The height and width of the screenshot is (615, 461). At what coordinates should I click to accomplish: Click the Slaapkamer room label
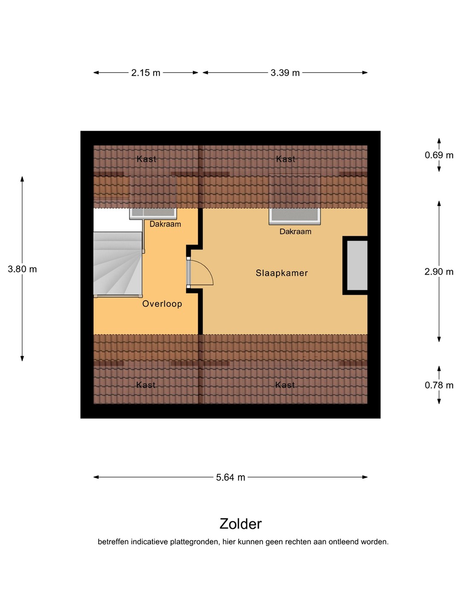click(282, 273)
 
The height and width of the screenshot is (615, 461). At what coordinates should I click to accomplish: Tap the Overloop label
click(162, 304)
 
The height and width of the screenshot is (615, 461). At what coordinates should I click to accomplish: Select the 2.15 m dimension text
click(146, 73)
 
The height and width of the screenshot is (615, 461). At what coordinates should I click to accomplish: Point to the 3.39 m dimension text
click(285, 73)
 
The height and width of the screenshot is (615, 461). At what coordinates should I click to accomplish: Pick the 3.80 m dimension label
click(22, 269)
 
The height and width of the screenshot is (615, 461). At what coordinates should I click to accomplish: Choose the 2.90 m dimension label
click(439, 272)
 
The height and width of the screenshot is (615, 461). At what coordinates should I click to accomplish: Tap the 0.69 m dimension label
click(439, 155)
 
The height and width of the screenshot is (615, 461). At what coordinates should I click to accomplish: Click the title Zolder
click(240, 524)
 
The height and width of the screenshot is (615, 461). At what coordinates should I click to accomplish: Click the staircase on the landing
click(117, 264)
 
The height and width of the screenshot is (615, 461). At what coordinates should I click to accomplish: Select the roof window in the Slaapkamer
click(295, 216)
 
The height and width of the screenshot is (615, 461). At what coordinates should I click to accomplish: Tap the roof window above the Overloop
click(153, 214)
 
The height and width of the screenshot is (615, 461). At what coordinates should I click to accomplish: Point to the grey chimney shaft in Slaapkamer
click(357, 265)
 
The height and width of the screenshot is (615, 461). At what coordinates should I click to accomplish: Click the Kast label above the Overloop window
click(146, 159)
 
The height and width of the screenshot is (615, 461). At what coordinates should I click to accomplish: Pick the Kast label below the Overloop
click(146, 385)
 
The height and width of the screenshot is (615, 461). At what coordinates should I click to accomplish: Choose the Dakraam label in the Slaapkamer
click(295, 231)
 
